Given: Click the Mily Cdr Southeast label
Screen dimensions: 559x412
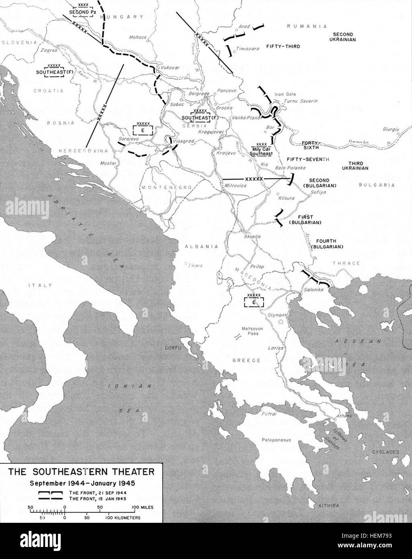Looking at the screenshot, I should click(x=261, y=149).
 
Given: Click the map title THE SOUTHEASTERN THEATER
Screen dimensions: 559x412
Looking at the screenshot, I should click(x=81, y=471).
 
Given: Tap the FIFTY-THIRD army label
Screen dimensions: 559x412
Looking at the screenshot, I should click(x=283, y=47).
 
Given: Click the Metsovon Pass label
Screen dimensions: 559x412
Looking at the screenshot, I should click(x=252, y=331).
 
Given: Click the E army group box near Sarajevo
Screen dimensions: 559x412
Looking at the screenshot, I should click(x=143, y=129).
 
